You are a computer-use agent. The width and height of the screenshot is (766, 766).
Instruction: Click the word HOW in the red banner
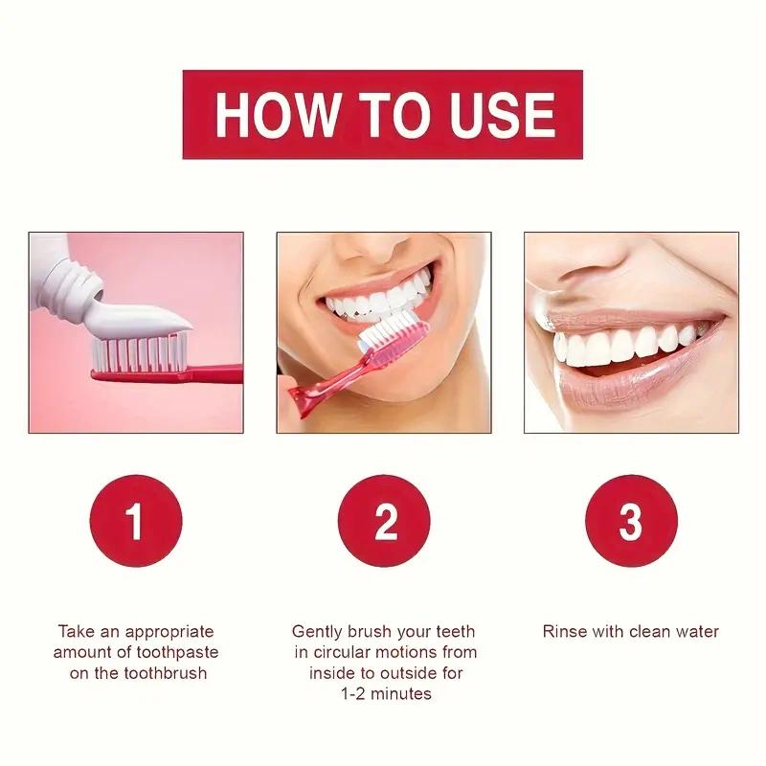[x=277, y=114]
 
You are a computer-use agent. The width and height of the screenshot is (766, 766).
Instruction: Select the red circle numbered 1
[x=136, y=521]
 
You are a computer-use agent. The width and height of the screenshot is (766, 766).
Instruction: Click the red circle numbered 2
[x=384, y=521]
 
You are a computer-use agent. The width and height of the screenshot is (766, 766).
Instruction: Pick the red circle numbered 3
[x=631, y=521]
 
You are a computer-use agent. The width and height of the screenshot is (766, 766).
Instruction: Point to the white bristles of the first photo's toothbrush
[x=140, y=352]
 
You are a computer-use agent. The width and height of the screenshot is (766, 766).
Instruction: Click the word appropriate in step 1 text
[x=169, y=632]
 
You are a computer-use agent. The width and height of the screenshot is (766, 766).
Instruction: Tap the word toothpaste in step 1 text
[x=177, y=653]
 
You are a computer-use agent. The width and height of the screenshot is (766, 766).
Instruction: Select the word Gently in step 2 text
[x=317, y=632]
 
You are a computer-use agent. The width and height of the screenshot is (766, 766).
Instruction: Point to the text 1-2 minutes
[x=386, y=693]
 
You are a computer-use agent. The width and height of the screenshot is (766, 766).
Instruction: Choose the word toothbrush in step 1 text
[x=166, y=673]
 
